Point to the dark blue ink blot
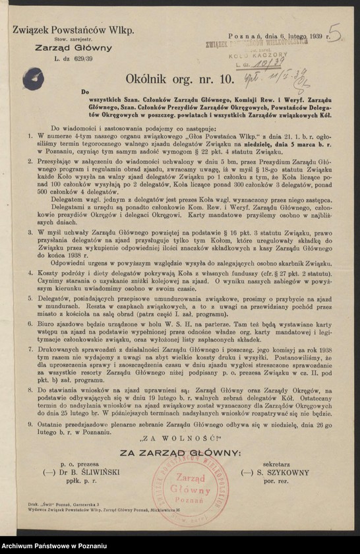click(33, 79)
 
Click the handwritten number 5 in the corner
click(335, 34)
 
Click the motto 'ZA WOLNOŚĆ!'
click(179, 435)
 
